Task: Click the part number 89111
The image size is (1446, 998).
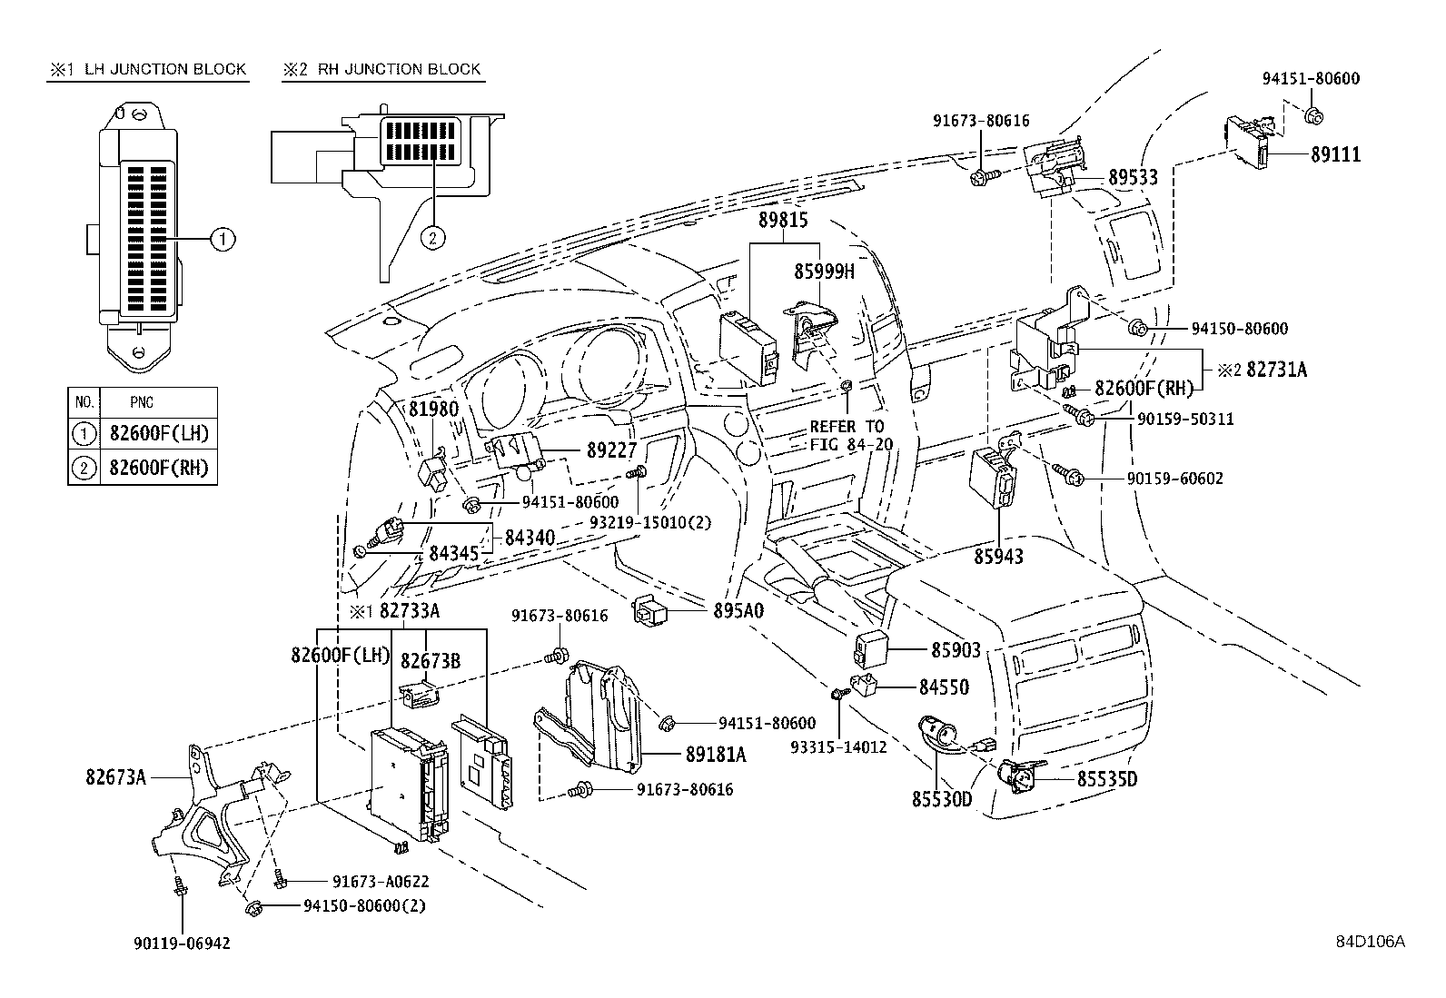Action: pyautogui.click(x=1335, y=155)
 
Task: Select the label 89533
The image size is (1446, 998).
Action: pyautogui.click(x=1133, y=177)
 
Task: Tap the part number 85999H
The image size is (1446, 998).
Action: pyautogui.click(x=825, y=272)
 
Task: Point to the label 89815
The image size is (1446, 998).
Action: pyautogui.click(x=783, y=221)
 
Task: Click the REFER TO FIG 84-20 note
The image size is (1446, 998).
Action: pyautogui.click(x=851, y=435)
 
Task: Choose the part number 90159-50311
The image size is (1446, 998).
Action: pyautogui.click(x=1185, y=420)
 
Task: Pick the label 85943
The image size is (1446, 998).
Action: pyautogui.click(x=998, y=557)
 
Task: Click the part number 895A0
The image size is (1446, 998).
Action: pyautogui.click(x=738, y=610)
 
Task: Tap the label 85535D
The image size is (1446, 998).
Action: pyautogui.click(x=1107, y=780)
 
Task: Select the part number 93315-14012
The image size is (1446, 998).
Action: pyautogui.click(x=838, y=747)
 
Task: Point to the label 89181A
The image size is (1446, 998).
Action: pyautogui.click(x=716, y=755)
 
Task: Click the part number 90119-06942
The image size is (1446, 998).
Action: pyautogui.click(x=182, y=944)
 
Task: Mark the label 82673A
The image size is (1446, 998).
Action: pyautogui.click(x=116, y=777)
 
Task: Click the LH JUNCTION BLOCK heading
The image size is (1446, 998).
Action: pyautogui.click(x=165, y=69)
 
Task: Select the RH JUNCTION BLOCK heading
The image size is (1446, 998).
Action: pyautogui.click(x=399, y=69)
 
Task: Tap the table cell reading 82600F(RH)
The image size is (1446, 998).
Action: pyautogui.click(x=159, y=468)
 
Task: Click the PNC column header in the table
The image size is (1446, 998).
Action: pyautogui.click(x=142, y=403)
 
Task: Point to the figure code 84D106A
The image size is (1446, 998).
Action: pyautogui.click(x=1371, y=941)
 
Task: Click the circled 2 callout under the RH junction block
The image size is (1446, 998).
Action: pyautogui.click(x=432, y=238)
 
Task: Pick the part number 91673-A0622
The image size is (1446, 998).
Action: pyautogui.click(x=381, y=882)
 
